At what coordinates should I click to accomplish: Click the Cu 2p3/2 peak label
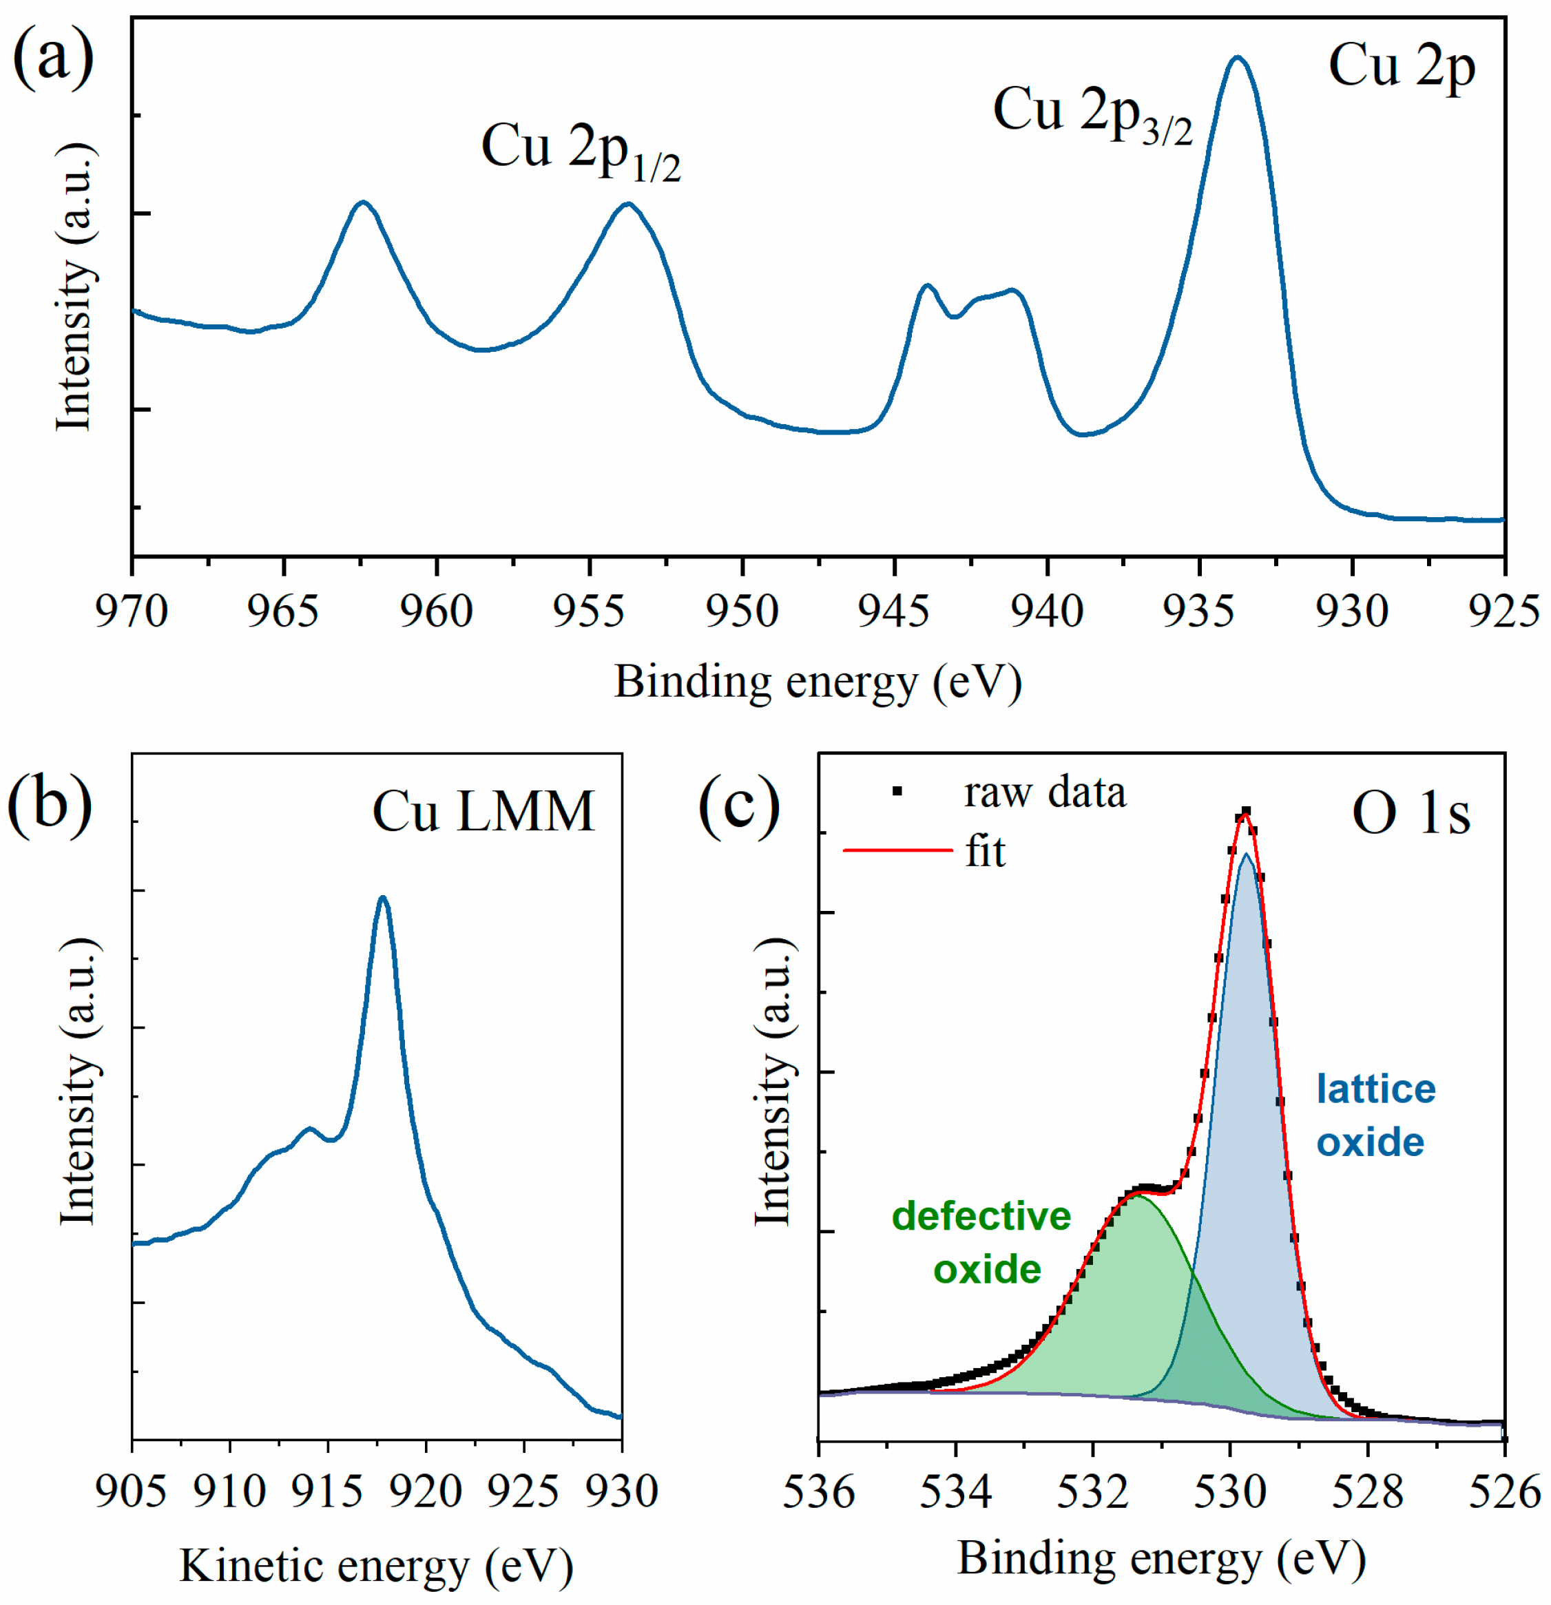[1092, 114]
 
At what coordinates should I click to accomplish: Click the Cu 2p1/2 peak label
[580, 151]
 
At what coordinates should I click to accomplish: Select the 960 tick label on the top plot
[436, 611]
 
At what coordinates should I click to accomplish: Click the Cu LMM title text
[483, 812]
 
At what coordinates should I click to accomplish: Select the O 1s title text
[1410, 815]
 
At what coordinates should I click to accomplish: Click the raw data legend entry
[1044, 792]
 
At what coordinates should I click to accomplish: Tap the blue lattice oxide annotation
[1375, 1116]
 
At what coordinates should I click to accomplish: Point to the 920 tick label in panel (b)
[425, 1491]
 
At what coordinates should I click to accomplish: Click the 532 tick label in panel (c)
[1092, 1492]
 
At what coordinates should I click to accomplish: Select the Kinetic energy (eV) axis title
[376, 1566]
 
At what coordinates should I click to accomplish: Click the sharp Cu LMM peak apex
[382, 899]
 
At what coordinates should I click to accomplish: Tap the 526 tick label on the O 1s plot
[1503, 1492]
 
